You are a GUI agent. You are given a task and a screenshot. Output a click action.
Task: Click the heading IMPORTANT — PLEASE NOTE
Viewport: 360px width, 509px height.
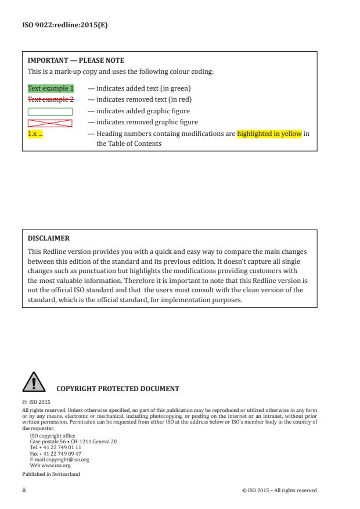[x=76, y=60]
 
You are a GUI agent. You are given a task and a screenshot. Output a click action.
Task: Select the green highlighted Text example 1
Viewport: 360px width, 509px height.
[x=51, y=88]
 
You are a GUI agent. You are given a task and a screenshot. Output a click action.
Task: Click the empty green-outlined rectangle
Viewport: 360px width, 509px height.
[x=50, y=111]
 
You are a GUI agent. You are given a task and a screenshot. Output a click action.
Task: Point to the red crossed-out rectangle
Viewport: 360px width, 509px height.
[x=50, y=123]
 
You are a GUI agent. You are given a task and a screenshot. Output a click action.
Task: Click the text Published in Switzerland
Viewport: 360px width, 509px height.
[x=51, y=474]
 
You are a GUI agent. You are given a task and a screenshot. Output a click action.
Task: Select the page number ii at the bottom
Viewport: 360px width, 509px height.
[x=24, y=490]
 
